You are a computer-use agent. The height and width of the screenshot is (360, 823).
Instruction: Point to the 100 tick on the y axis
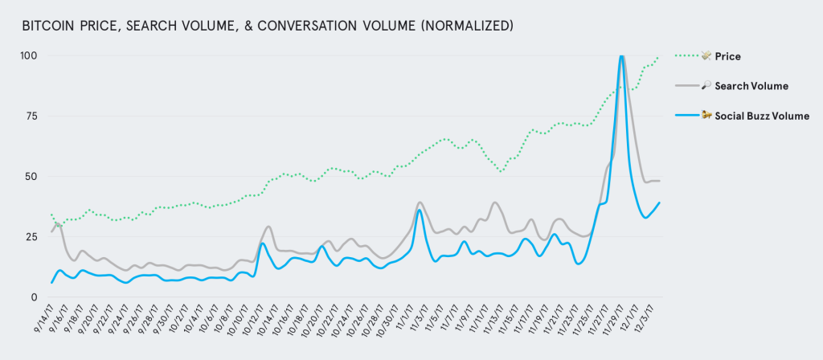coord(31,55)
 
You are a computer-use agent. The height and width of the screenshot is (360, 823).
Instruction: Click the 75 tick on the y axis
coord(33,116)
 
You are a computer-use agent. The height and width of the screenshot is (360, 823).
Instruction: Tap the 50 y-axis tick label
coord(33,177)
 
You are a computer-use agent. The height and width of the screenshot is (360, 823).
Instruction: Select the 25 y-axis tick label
coord(33,237)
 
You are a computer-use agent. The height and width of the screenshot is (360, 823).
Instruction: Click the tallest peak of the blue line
coord(621,56)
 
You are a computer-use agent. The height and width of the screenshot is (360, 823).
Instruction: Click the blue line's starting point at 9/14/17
coord(51,283)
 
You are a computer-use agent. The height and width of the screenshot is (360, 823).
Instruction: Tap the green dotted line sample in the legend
coord(688,56)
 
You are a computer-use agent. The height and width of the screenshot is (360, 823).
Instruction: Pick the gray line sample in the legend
coord(688,85)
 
